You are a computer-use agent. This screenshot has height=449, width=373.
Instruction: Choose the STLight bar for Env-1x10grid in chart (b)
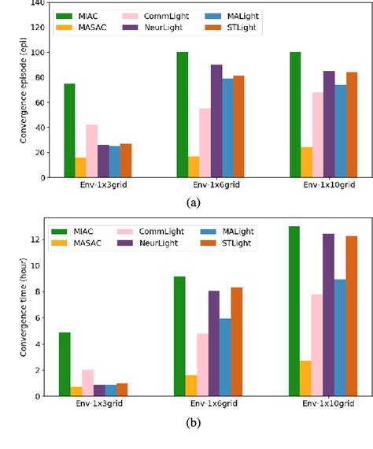[352, 316]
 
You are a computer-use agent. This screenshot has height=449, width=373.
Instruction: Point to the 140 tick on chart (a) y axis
[35, 4]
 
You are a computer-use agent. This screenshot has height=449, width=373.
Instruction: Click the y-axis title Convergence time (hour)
[9, 310]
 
